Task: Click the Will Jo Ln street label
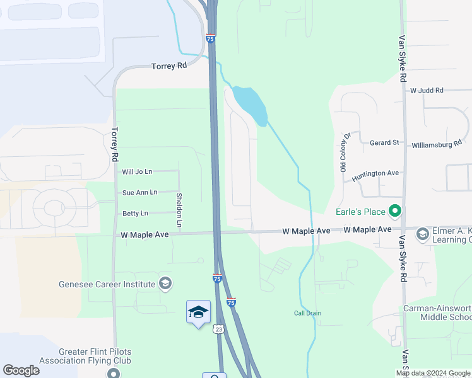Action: coord(137,171)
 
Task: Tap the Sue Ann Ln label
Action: coord(139,192)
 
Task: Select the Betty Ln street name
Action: coord(136,214)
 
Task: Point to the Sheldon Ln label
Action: coord(179,210)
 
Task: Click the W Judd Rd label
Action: coord(427,91)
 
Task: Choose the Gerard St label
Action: coord(384,143)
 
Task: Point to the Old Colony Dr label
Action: coord(345,153)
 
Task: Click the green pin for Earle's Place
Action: coord(395,210)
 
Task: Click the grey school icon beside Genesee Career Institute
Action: coord(165,283)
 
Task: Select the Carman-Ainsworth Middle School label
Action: coord(437,313)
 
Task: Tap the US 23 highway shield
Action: coord(218,329)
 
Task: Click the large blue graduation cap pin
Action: coord(198,312)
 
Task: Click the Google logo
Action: coord(21,370)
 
